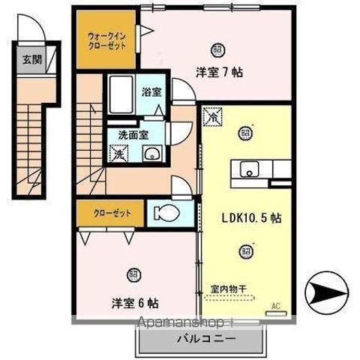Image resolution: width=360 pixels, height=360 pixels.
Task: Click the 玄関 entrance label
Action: [31, 58]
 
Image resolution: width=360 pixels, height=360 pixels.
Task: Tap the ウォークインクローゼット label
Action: [107, 38]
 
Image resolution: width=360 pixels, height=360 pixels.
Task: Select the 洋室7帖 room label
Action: [220, 74]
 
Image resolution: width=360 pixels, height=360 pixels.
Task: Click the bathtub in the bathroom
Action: [120, 95]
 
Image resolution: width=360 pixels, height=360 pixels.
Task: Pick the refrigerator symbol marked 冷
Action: [212, 118]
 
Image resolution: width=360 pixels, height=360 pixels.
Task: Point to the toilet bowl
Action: [166, 213]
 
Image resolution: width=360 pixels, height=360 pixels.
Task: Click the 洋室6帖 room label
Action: [135, 304]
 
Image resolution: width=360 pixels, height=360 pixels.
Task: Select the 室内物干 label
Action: [231, 286]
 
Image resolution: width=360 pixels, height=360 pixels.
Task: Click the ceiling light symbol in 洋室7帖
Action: [217, 49]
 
